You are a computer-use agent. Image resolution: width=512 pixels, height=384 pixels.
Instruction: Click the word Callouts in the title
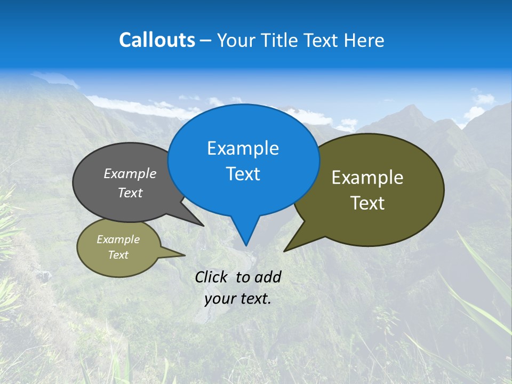tap(157, 40)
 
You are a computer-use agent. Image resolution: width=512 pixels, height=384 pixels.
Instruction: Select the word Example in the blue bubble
tap(243, 148)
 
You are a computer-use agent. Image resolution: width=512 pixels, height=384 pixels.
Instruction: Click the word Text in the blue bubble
tap(243, 174)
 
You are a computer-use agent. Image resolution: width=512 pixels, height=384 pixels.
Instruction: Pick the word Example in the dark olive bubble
tap(367, 178)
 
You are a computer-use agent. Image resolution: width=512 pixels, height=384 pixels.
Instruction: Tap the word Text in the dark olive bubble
tap(367, 203)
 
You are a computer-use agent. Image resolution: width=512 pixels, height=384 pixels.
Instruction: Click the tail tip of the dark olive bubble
tap(285, 251)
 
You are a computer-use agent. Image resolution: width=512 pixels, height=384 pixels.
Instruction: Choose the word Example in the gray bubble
tap(130, 173)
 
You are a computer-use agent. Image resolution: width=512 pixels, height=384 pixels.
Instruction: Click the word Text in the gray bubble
tap(130, 193)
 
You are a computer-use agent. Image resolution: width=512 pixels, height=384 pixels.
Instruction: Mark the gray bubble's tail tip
tap(203, 226)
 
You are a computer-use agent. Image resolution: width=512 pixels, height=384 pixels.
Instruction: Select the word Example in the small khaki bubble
tap(118, 239)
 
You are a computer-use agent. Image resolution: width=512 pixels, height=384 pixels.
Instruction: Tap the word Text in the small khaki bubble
tap(118, 255)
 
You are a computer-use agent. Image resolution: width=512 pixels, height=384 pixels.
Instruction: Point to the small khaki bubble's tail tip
tap(185, 255)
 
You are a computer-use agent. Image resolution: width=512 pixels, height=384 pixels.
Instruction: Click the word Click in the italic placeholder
tap(212, 277)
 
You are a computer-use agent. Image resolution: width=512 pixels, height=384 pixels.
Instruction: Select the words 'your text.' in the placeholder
tap(238, 299)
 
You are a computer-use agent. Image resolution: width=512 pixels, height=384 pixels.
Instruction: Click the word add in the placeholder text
tap(267, 277)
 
